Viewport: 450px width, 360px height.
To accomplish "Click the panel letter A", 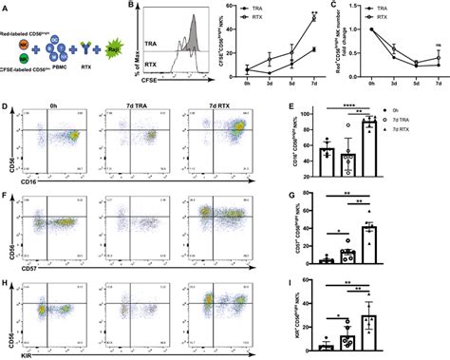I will tap(6, 7).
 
